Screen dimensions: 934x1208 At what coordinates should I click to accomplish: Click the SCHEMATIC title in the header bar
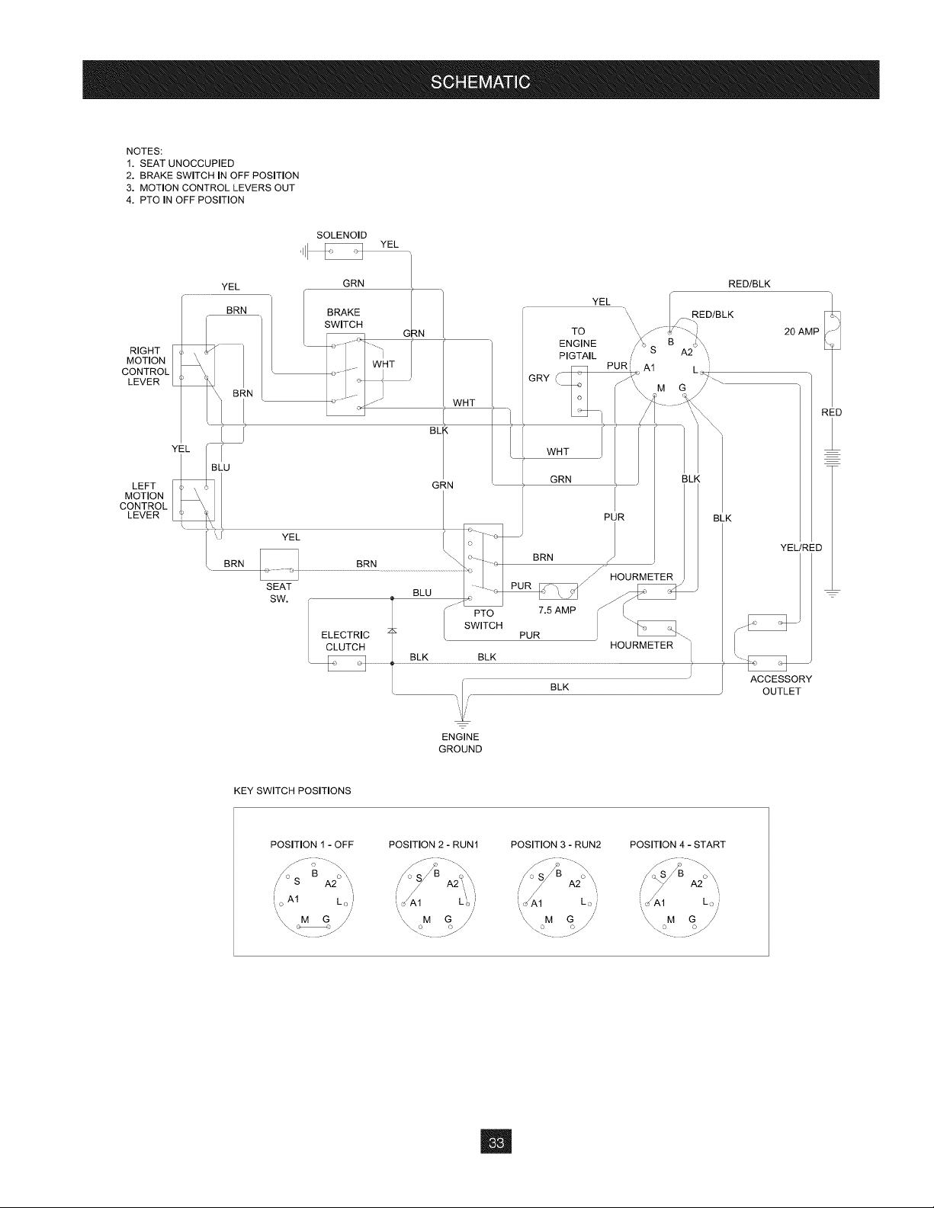[480, 82]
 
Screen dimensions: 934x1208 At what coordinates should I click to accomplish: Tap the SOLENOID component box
[344, 252]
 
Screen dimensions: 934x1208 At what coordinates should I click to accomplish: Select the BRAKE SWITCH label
[344, 318]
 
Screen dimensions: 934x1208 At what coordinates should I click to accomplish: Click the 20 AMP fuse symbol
[833, 330]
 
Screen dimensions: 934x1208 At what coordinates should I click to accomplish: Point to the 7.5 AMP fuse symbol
[558, 591]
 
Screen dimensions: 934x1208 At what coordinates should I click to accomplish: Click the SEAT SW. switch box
[279, 564]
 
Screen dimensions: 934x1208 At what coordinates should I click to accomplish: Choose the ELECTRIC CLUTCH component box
[347, 663]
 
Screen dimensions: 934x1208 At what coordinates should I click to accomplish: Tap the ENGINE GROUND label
[461, 742]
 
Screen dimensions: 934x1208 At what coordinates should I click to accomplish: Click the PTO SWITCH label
[483, 620]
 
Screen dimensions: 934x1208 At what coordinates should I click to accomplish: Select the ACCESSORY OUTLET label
[781, 685]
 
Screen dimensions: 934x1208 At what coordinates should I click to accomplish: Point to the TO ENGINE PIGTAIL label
[578, 344]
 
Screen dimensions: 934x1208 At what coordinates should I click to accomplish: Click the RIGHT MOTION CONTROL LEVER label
[145, 366]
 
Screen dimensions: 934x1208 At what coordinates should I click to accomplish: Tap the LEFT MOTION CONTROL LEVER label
[143, 500]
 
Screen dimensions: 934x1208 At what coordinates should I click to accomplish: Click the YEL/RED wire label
[801, 547]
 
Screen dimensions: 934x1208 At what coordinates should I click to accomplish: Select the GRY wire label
[539, 378]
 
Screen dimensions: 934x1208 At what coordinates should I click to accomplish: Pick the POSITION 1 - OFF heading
[312, 844]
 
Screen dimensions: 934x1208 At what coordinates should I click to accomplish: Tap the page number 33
[496, 1142]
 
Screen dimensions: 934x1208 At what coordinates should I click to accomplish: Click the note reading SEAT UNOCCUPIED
[187, 163]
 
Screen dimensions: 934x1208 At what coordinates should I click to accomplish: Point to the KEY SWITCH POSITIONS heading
[293, 790]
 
